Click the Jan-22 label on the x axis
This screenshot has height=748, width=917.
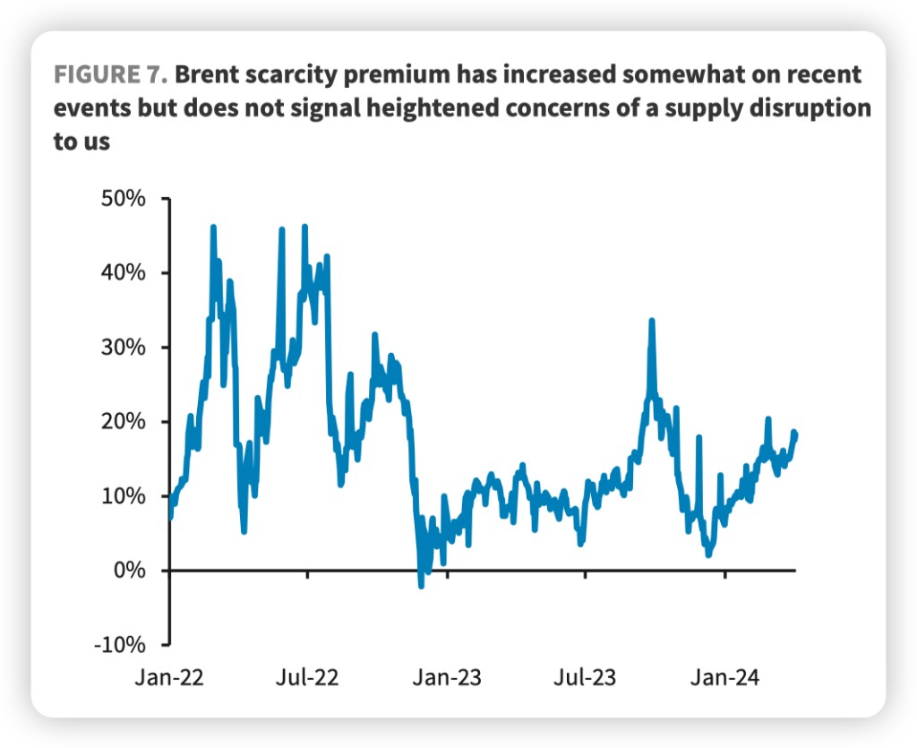click(168, 676)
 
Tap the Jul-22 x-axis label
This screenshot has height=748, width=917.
click(308, 676)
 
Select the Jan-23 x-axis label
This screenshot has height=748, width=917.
click(447, 676)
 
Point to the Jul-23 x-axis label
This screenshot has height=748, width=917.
click(585, 676)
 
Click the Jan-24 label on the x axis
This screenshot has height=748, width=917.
click(724, 676)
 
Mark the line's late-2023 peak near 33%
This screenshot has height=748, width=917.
click(652, 321)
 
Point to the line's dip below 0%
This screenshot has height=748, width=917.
click(421, 585)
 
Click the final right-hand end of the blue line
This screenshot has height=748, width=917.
click(794, 434)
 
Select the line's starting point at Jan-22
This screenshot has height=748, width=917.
click(170, 517)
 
